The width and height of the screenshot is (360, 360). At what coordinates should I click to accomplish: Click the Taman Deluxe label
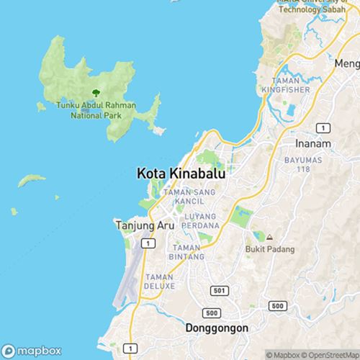click(160, 281)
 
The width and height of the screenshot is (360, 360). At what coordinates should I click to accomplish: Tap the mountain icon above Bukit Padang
click(269, 237)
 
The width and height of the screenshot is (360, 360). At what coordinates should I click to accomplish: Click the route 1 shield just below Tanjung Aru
click(147, 244)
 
